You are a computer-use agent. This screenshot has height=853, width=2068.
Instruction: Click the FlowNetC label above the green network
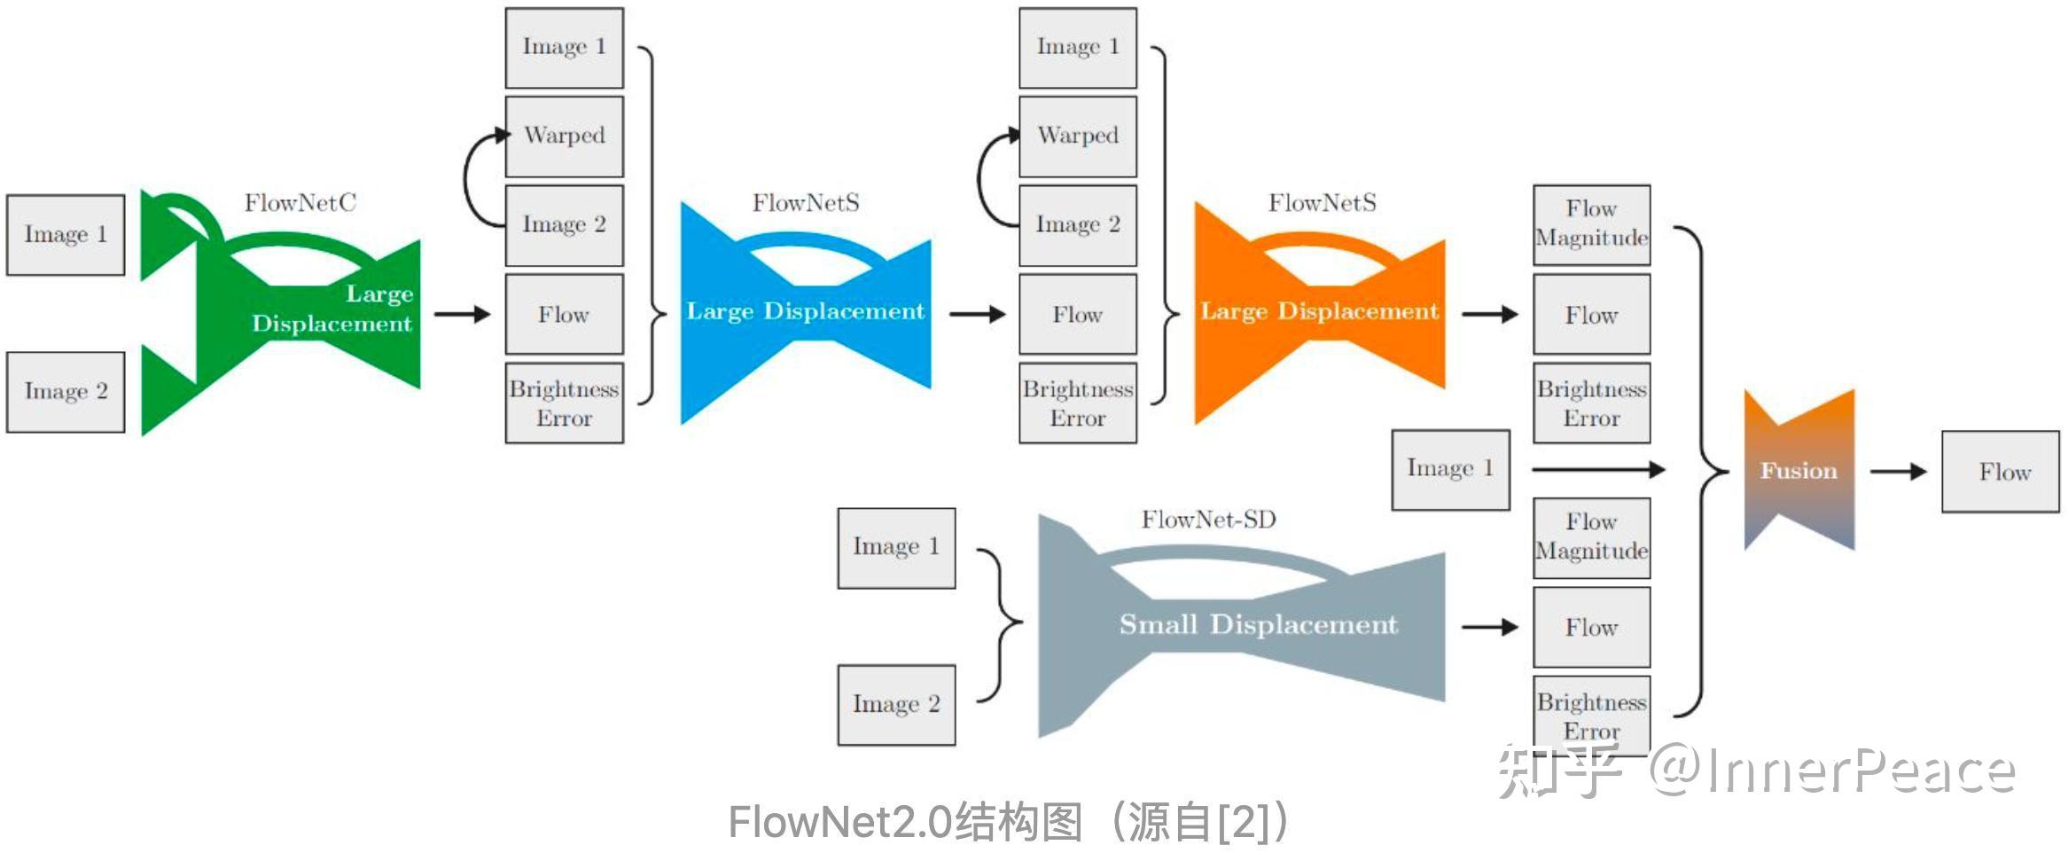(x=300, y=203)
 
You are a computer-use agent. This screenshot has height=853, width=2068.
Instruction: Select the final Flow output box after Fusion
(x=2000, y=472)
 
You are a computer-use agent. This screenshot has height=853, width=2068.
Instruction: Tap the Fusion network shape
(x=1799, y=470)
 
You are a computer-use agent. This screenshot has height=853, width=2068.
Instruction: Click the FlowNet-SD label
(x=1208, y=520)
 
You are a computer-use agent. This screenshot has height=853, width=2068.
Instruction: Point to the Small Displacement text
(x=1258, y=624)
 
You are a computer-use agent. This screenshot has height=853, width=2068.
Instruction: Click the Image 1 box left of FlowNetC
(x=66, y=235)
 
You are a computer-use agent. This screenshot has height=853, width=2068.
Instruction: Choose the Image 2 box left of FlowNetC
(x=66, y=392)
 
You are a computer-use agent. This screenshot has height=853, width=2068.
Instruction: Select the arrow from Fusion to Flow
(x=1897, y=472)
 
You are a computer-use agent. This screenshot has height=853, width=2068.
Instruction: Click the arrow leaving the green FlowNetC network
(x=462, y=314)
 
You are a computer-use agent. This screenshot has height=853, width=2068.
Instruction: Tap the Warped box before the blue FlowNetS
(x=564, y=137)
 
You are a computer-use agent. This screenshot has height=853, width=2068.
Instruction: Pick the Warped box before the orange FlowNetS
(x=1077, y=137)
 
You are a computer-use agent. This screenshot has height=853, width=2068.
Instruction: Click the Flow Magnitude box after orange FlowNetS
(x=1591, y=224)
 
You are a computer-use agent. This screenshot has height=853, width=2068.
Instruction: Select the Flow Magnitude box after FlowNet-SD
(x=1591, y=537)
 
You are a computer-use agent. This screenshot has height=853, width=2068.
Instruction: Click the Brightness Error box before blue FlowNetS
(x=564, y=403)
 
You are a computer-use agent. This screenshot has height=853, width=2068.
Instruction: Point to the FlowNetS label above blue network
(x=806, y=203)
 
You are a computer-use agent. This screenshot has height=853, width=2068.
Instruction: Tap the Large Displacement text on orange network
(x=1319, y=311)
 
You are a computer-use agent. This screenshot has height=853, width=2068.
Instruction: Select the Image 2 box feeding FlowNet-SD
(x=896, y=705)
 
